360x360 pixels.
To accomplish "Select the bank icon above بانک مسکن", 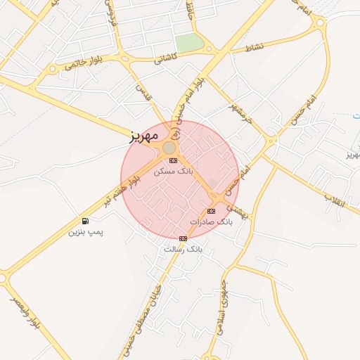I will coord(173,160).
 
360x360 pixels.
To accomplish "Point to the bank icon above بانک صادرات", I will coord(211,211).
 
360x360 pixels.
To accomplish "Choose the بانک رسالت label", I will coord(183,249).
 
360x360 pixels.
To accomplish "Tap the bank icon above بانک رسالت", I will coord(184,238).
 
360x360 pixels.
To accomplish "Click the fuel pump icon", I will coord(85,221).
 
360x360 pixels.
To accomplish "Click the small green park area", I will coord(189,43).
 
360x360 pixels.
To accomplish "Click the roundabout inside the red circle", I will coord(169,148).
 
